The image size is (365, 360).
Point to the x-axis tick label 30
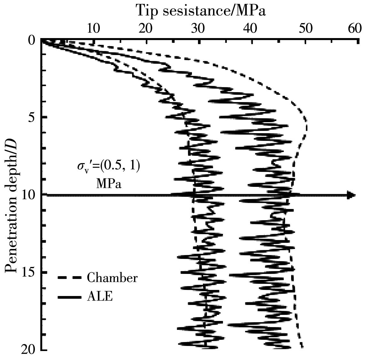pos(198,29)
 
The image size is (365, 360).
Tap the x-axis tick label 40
pos(250,29)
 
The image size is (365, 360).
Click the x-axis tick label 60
pos(354,29)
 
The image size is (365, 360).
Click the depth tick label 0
pos(31,41)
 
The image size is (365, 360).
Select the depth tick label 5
pos(31,117)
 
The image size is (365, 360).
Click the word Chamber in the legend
pos(112,278)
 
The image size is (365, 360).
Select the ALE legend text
pos(100,297)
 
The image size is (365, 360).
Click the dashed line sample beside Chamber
pos(69,278)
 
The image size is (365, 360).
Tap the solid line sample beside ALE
pos(69,297)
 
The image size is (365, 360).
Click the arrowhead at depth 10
pos(352,195)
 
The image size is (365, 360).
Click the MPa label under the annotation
pos(109,184)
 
